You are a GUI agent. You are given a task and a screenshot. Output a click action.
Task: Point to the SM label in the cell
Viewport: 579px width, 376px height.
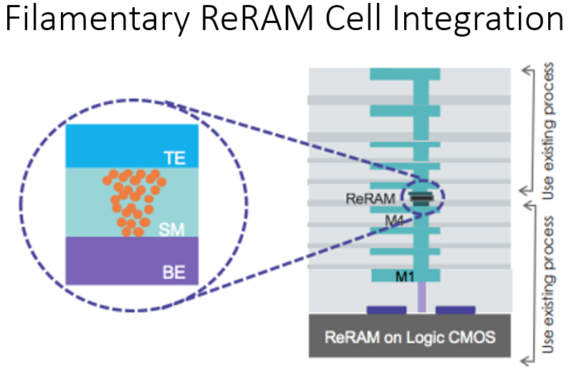(170, 229)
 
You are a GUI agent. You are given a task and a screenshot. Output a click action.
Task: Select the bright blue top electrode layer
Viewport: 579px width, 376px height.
(107, 146)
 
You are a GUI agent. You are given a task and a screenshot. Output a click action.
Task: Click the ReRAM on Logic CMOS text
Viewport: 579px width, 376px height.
(410, 335)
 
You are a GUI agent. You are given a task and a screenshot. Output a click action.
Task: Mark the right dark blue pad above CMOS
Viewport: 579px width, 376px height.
(455, 310)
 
